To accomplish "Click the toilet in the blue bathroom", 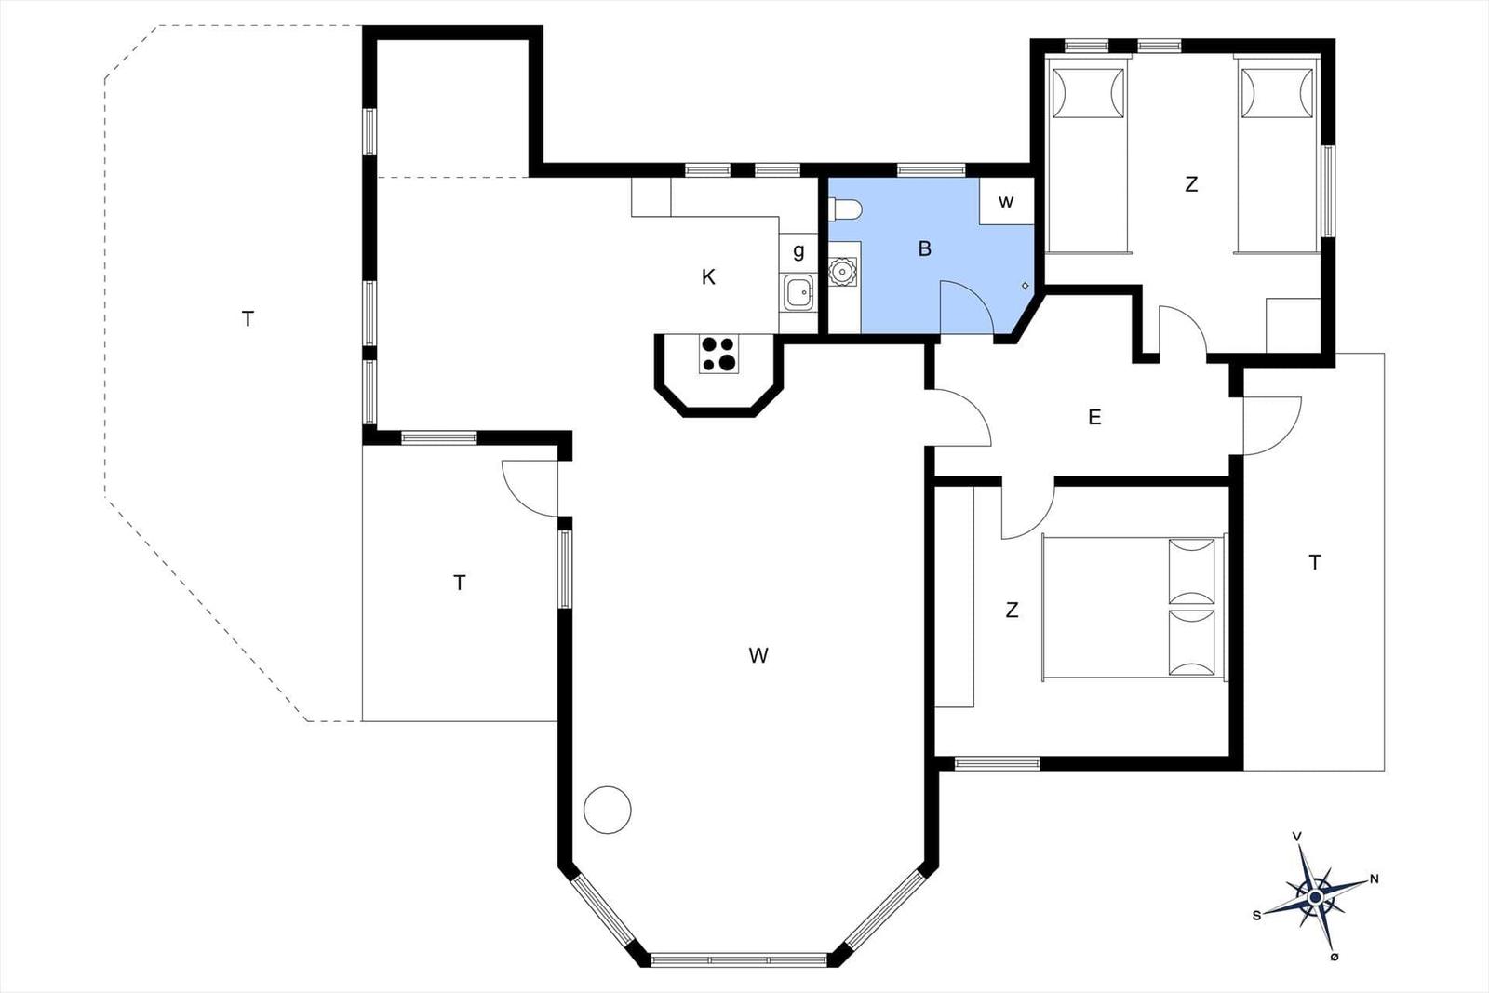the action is [x=845, y=209].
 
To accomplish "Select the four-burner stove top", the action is [x=718, y=354].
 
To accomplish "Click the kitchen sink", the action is [x=798, y=292].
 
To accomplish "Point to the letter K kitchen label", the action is [x=708, y=277].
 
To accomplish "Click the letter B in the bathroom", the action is [x=925, y=248].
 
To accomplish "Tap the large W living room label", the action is [x=758, y=655].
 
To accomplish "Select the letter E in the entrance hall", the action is [x=1094, y=417].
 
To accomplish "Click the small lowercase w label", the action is [x=1006, y=201].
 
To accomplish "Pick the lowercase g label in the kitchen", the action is [x=799, y=251].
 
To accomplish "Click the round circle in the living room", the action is [x=608, y=810].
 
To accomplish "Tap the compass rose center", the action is [x=1315, y=897].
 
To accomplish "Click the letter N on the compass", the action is [x=1375, y=879].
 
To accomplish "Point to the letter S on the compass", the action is [x=1256, y=915].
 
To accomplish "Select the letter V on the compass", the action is [x=1296, y=837].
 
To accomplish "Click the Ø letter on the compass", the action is [x=1335, y=957].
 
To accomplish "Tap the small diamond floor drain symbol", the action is [x=1025, y=286].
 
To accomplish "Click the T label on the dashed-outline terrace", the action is [x=248, y=319].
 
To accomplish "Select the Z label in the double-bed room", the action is [x=1012, y=610].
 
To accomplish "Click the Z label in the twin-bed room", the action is [x=1191, y=184].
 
